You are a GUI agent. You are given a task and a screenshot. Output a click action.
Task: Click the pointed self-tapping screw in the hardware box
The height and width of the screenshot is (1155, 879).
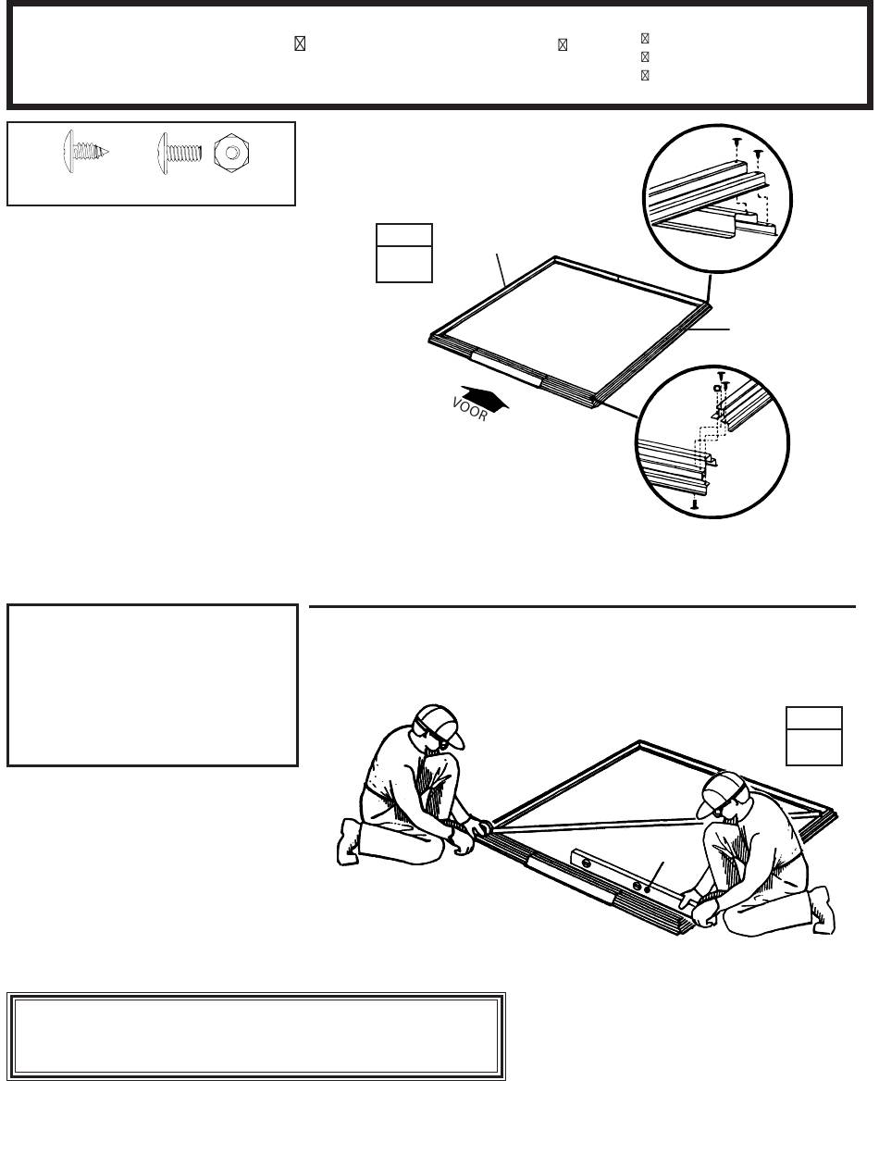(x=86, y=152)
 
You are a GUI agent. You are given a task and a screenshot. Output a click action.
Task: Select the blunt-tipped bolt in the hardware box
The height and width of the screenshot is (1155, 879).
(x=180, y=153)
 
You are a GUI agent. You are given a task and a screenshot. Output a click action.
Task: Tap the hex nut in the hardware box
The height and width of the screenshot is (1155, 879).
(x=231, y=153)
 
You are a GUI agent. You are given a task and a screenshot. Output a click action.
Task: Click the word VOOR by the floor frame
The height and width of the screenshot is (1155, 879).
(x=470, y=409)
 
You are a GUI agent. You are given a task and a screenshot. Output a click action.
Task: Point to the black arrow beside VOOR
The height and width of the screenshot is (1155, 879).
(x=485, y=398)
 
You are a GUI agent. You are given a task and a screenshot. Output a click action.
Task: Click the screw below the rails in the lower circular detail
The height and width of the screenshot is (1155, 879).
(x=695, y=504)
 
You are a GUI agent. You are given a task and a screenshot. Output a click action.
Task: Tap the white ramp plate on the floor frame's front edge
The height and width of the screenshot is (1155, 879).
(x=507, y=369)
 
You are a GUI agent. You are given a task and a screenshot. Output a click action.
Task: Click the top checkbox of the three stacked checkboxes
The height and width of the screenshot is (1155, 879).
(x=645, y=39)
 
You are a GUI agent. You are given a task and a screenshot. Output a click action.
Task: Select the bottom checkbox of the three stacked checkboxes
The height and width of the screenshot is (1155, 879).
(x=645, y=75)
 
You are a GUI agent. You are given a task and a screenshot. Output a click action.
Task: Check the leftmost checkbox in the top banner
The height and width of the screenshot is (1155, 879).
(x=300, y=43)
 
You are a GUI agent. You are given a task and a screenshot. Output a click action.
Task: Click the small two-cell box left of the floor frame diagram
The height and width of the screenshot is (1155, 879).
(x=404, y=253)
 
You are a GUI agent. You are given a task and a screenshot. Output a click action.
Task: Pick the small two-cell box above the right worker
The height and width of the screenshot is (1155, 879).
(x=814, y=736)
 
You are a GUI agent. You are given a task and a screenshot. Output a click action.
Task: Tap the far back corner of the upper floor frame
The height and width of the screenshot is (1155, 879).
(x=556, y=258)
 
